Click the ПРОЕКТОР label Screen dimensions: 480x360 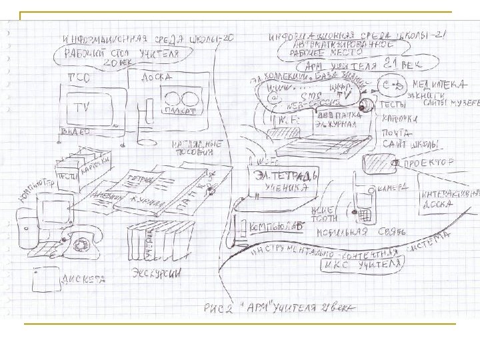click(427, 162)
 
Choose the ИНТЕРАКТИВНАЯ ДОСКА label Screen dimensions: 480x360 click(443, 197)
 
